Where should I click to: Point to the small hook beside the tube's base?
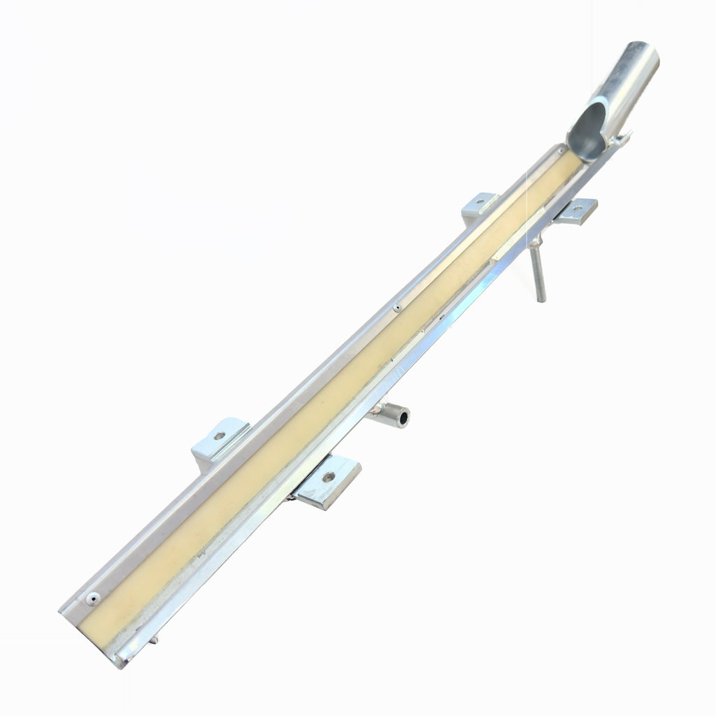[620, 140]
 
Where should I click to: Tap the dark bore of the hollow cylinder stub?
[403, 419]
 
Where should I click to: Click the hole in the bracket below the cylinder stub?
[328, 478]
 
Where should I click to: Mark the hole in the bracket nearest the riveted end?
[219, 435]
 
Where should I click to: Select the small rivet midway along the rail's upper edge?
[397, 307]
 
